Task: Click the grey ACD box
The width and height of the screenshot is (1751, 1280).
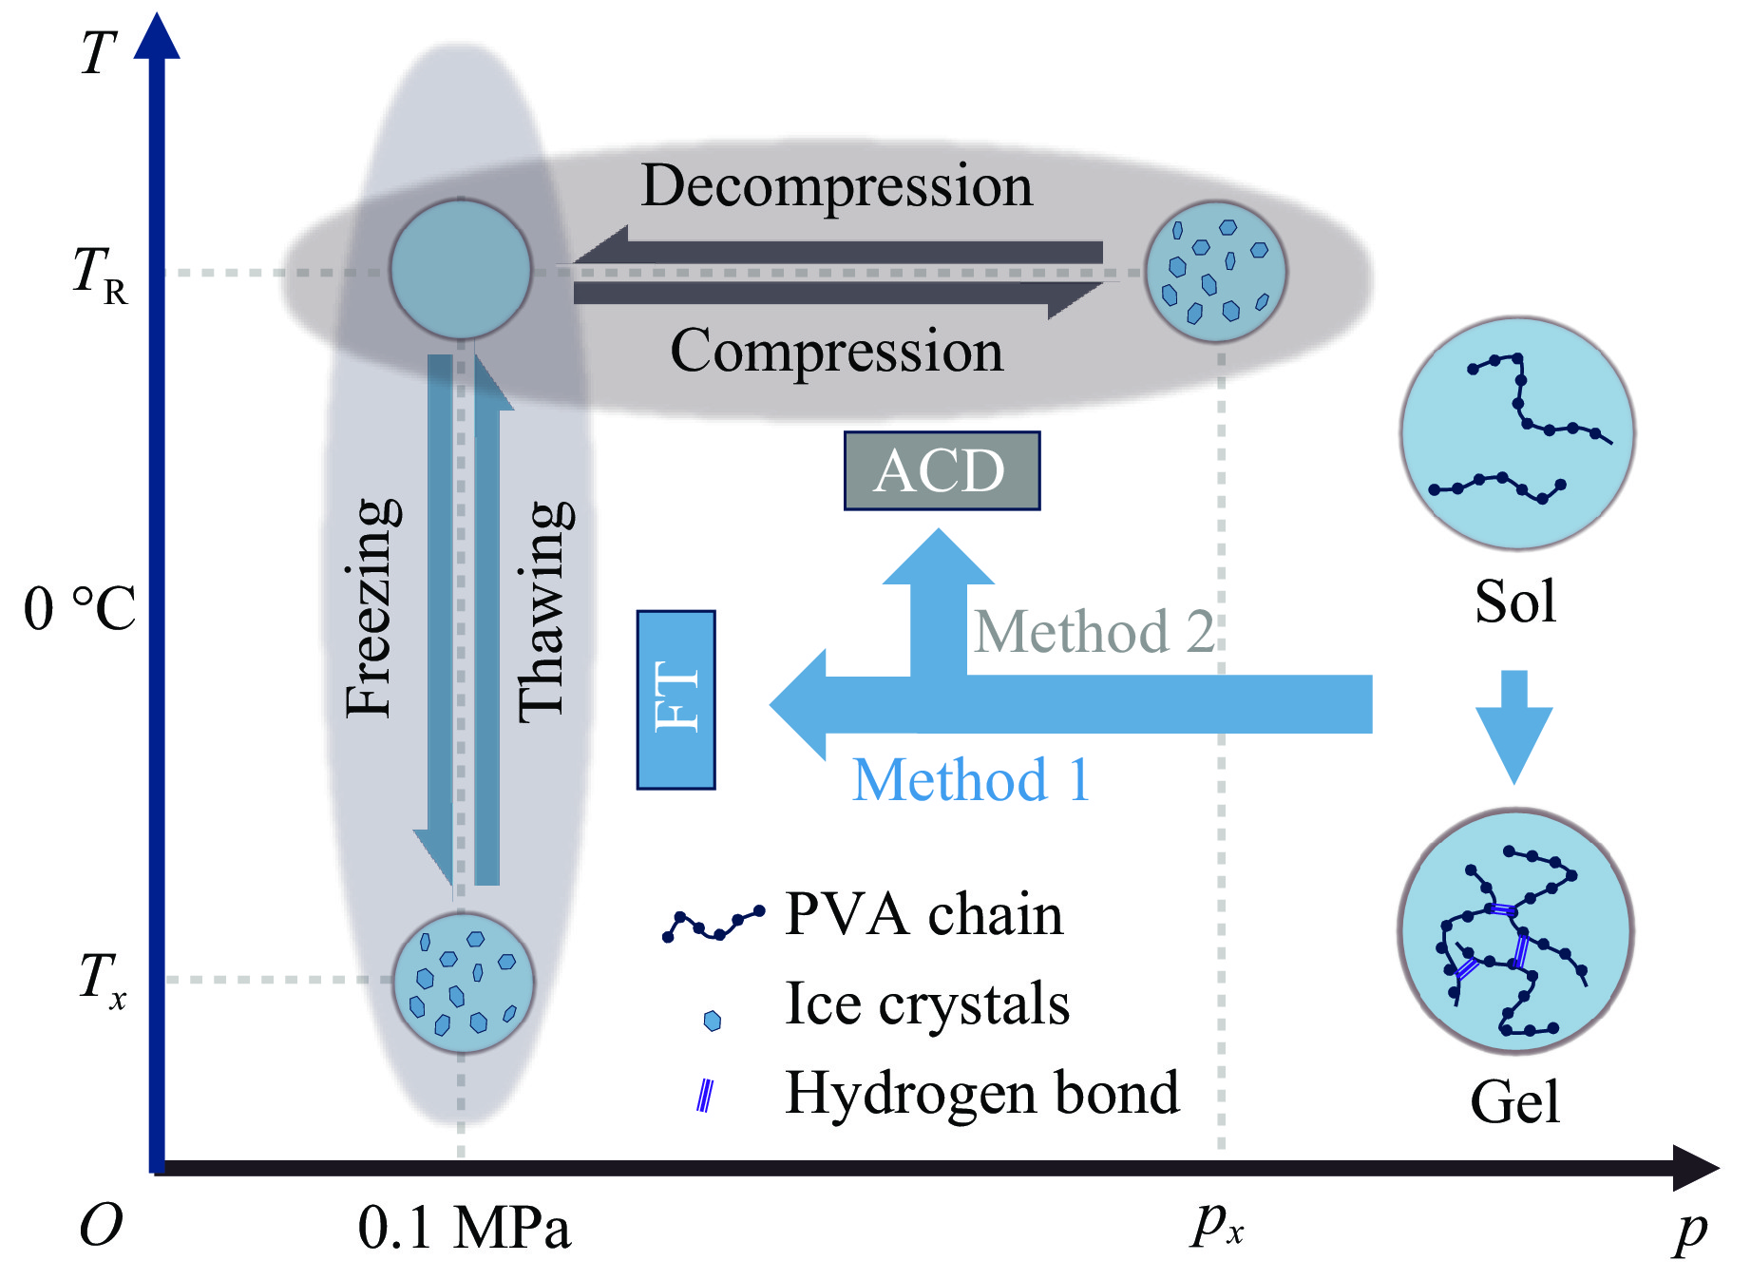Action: point(941,471)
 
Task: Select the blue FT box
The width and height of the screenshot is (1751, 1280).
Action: point(676,699)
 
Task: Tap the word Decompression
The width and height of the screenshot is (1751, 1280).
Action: point(836,185)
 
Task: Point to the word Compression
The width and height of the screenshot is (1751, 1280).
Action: point(836,351)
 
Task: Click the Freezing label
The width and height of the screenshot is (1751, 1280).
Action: point(371,608)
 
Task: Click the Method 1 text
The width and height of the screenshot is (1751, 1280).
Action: point(970,780)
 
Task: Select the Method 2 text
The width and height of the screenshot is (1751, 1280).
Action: point(1094,632)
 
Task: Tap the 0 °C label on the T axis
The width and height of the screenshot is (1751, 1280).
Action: point(80,608)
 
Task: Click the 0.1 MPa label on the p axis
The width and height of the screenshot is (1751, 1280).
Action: point(464,1228)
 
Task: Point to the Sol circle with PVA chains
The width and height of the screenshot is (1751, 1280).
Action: point(1516,433)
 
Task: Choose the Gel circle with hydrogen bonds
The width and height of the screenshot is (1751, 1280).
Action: point(1515,932)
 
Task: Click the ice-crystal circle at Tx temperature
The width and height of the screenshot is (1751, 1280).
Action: point(464,984)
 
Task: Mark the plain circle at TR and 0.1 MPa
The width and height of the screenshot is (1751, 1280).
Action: point(461,270)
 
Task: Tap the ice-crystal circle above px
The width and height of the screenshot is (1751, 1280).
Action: point(1216,272)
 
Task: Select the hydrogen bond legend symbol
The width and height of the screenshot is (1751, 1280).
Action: point(705,1096)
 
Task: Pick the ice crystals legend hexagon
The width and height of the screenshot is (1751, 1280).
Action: point(712,1021)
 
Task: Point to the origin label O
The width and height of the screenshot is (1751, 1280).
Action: point(101,1226)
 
